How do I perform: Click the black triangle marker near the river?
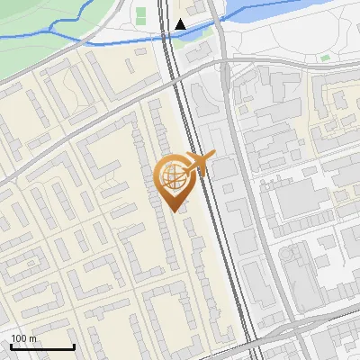click(x=181, y=24)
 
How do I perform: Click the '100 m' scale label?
click(x=23, y=338)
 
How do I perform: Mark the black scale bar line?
click(x=42, y=346)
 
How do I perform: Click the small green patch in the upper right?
click(x=324, y=58)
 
